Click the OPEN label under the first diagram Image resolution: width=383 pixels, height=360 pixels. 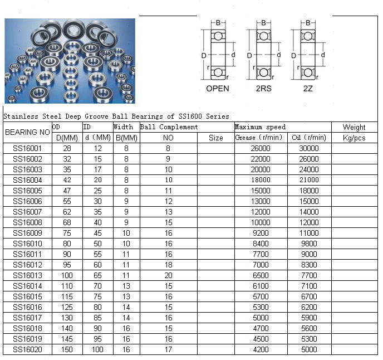pos(218,89)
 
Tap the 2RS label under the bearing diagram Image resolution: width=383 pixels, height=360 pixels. pos(263,89)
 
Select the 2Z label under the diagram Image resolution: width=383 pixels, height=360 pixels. pos(308,89)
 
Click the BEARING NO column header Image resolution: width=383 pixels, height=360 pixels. pos(27,132)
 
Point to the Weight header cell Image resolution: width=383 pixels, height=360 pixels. pos(354,127)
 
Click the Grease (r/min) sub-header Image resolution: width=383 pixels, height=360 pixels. pos(259,138)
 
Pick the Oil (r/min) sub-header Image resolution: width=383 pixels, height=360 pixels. pos(309,138)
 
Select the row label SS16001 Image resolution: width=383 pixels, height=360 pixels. pos(27,148)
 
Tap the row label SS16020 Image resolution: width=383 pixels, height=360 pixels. pos(27,349)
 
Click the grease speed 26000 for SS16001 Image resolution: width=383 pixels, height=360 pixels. pos(261,148)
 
